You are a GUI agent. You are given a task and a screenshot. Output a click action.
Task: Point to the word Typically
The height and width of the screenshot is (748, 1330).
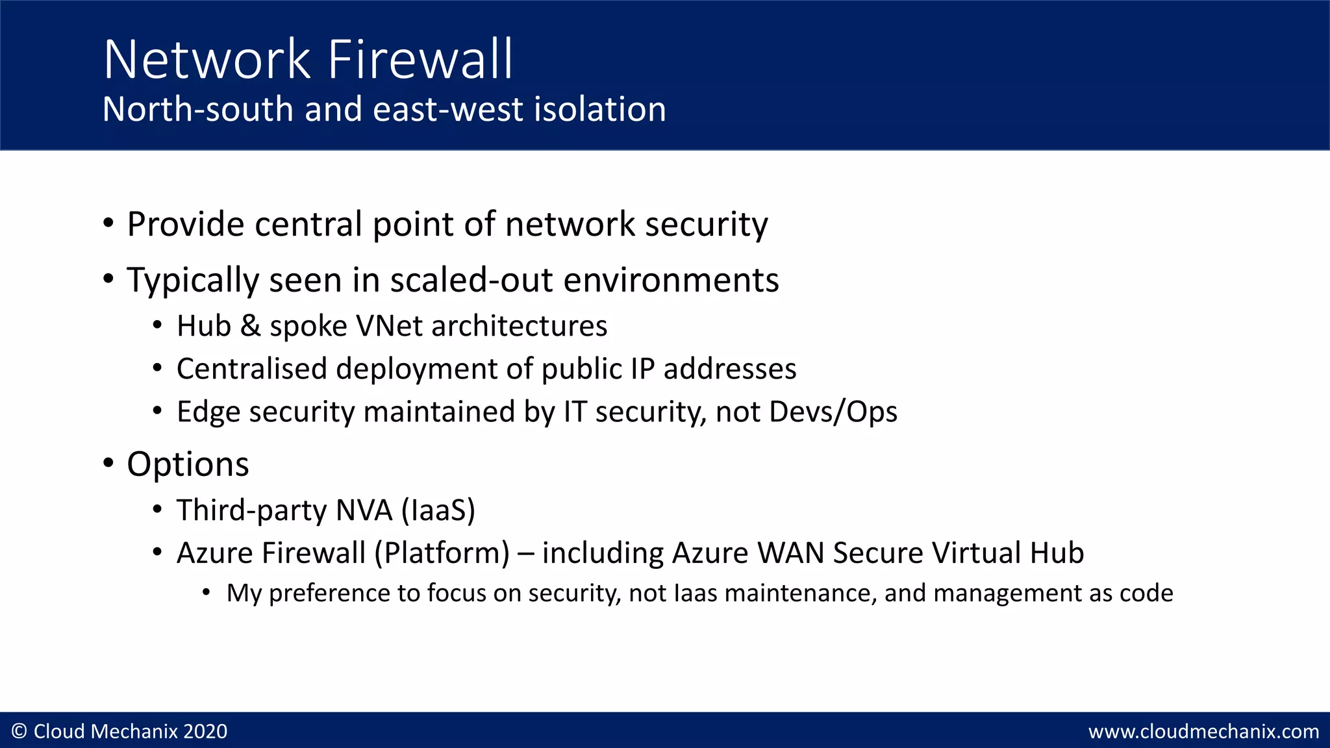(x=193, y=281)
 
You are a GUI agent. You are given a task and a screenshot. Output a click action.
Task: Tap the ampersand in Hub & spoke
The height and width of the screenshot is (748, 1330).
(x=250, y=326)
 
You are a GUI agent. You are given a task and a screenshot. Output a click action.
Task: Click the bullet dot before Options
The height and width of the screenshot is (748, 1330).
(x=108, y=464)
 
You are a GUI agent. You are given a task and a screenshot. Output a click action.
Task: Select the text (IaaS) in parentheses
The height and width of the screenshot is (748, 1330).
(x=438, y=510)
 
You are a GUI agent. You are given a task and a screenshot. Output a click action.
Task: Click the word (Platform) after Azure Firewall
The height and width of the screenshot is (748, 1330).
(x=442, y=553)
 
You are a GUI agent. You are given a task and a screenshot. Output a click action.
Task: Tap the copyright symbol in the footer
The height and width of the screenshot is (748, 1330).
(x=19, y=732)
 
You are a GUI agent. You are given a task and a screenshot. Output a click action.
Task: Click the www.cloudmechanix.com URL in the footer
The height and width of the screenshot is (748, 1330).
(x=1203, y=732)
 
